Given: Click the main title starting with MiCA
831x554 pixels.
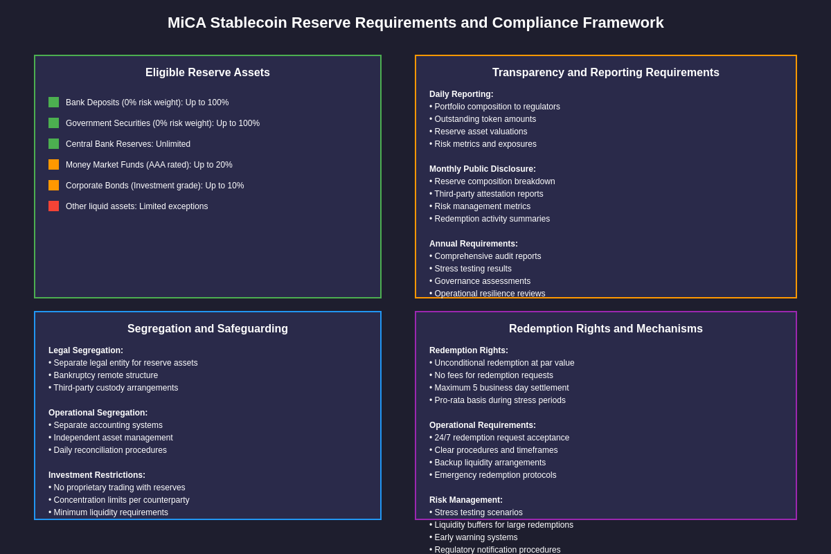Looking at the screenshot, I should pos(415,23).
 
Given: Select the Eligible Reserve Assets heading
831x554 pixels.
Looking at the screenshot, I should pos(208,73).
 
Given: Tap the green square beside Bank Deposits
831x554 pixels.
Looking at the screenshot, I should pos(53,102).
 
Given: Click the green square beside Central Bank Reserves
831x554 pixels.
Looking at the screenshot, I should pos(53,144).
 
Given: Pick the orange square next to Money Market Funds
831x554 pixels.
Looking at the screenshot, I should pos(53,165).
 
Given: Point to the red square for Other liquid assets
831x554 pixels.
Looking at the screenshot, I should pos(53,206).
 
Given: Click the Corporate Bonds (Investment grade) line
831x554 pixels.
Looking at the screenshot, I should pos(154,186).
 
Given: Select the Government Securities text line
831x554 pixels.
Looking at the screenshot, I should pos(163,123).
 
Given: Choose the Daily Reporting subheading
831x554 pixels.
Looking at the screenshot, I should pos(461,94).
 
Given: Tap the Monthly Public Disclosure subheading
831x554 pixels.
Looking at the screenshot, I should pos(483,169).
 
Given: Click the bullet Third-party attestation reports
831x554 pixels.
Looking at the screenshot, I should pos(486,194).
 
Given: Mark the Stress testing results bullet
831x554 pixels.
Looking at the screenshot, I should pos(471,269).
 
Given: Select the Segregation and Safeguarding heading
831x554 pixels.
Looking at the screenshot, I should pos(208,329).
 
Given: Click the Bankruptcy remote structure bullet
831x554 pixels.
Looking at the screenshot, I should pos(103,375).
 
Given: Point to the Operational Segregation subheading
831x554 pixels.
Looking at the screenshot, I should pos(98,413).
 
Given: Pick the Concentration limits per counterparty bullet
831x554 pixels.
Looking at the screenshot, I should pos(119,500).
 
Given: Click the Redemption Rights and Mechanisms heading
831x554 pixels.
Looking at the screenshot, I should pos(606,329).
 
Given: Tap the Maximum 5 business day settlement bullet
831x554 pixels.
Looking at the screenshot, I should pos(499,388).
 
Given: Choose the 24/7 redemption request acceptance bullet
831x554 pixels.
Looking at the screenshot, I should pos(499,438).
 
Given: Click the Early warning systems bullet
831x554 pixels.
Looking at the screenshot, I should pos(474,537).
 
